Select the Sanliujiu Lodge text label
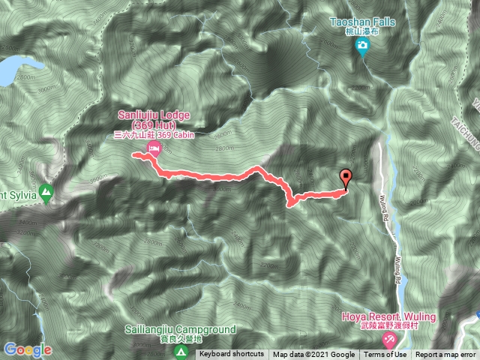pyautogui.click(x=154, y=119)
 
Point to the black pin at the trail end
pyautogui.click(x=346, y=178)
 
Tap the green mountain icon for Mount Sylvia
pyautogui.click(x=46, y=193)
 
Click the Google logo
pyautogui.click(x=27, y=349)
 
